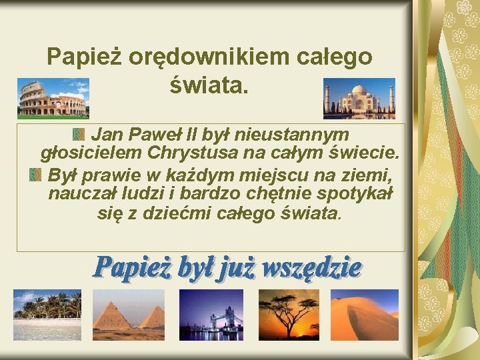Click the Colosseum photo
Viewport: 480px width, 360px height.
click(x=53, y=98)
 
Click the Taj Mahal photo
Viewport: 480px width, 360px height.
click(x=359, y=98)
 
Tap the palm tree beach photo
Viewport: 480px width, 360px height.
click(x=47, y=315)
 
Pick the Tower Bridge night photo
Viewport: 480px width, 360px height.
click(x=217, y=315)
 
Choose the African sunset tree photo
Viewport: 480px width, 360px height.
click(x=289, y=315)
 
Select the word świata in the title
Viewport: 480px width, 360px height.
click(x=209, y=85)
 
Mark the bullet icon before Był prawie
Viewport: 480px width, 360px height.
click(x=35, y=176)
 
